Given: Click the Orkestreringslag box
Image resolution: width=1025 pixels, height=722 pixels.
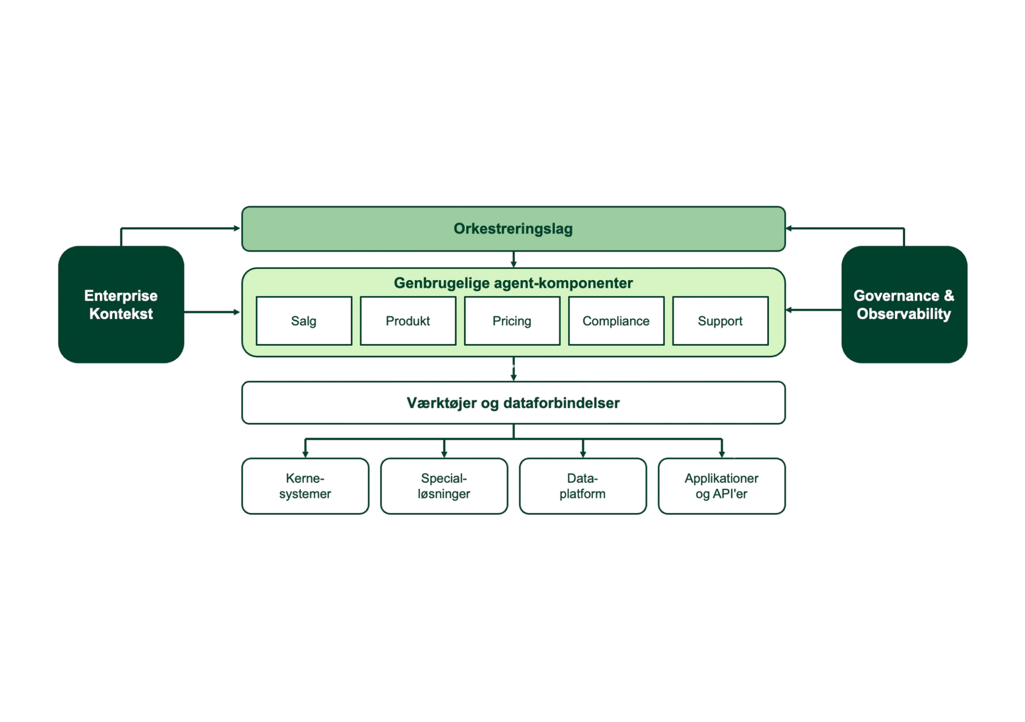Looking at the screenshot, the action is (513, 229).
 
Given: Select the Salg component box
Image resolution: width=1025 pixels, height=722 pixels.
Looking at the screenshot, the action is (304, 321).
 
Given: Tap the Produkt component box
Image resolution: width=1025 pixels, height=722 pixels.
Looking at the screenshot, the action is (408, 321).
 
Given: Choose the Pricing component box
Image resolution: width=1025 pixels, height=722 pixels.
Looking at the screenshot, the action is (512, 321).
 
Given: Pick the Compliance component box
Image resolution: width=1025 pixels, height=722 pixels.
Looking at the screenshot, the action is (616, 321).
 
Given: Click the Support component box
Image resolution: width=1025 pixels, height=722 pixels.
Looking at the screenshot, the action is (720, 321).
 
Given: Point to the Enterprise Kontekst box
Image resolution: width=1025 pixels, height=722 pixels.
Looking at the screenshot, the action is (121, 304).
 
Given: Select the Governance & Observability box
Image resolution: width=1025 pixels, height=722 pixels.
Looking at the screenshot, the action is (904, 304).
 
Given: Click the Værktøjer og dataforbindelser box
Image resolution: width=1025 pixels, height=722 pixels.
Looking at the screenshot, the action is (513, 403).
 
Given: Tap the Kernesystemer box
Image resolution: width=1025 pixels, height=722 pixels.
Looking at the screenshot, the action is (305, 486).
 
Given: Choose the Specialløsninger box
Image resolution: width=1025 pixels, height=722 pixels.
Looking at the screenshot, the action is (444, 486).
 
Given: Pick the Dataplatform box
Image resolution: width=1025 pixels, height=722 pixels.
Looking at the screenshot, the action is (583, 486).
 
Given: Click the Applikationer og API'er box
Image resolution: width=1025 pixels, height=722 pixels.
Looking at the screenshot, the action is (722, 486).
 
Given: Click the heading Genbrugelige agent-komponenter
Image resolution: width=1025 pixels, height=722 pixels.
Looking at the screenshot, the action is (513, 283).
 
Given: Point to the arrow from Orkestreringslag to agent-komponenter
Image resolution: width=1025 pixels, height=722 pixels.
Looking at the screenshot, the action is (514, 259).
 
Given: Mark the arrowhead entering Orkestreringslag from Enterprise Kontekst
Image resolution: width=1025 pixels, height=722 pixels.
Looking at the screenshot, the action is (237, 228).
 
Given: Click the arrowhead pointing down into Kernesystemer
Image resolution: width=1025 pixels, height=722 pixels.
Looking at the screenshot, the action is (305, 455).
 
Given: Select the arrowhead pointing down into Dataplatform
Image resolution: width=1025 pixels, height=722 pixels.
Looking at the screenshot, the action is (583, 455).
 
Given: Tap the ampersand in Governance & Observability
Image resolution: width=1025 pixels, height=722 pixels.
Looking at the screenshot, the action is (949, 296).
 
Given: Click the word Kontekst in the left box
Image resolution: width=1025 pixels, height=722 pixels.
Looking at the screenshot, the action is (121, 314).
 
